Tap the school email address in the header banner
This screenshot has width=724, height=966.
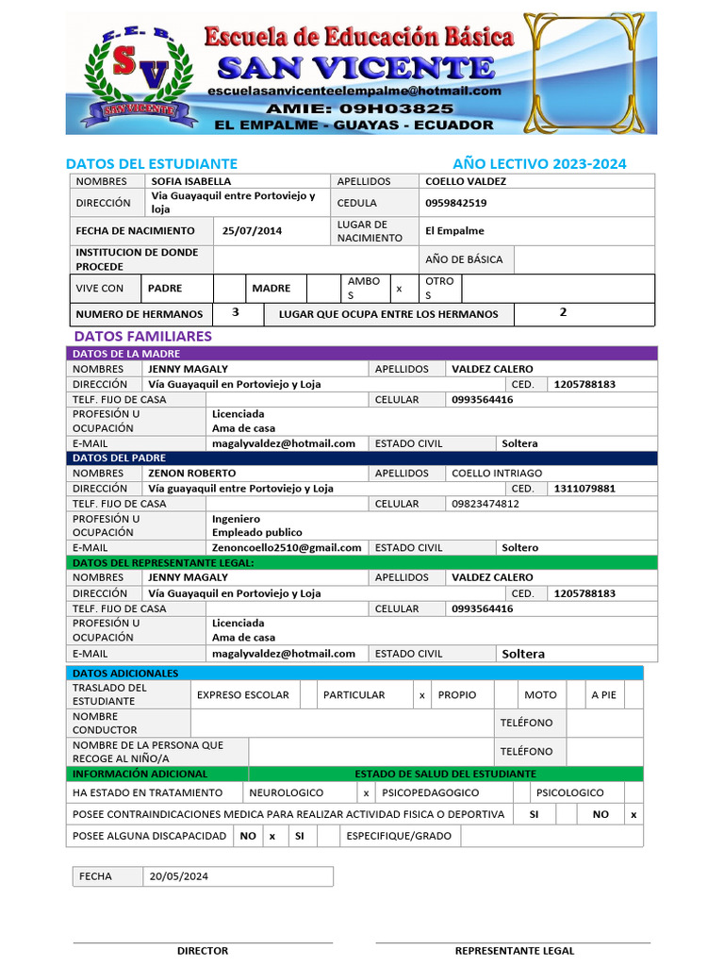tap(354, 91)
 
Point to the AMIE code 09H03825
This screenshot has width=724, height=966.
tap(354, 108)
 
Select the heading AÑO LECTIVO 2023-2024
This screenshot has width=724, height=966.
tap(539, 163)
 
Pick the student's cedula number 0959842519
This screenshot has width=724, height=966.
tap(457, 203)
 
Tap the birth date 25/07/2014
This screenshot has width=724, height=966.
tap(252, 231)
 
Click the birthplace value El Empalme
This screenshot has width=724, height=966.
tap(454, 231)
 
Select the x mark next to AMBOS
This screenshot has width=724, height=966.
tap(399, 289)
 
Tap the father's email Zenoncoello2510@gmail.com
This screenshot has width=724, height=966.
tap(287, 547)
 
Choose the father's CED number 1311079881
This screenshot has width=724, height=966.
tap(584, 489)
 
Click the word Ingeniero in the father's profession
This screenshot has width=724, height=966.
tap(236, 519)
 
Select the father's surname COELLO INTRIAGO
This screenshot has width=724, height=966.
tap(497, 473)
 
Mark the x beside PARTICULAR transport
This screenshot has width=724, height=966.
tap(422, 695)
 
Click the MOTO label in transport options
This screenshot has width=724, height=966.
tap(540, 695)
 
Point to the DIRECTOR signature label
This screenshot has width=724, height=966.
tap(203, 951)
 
